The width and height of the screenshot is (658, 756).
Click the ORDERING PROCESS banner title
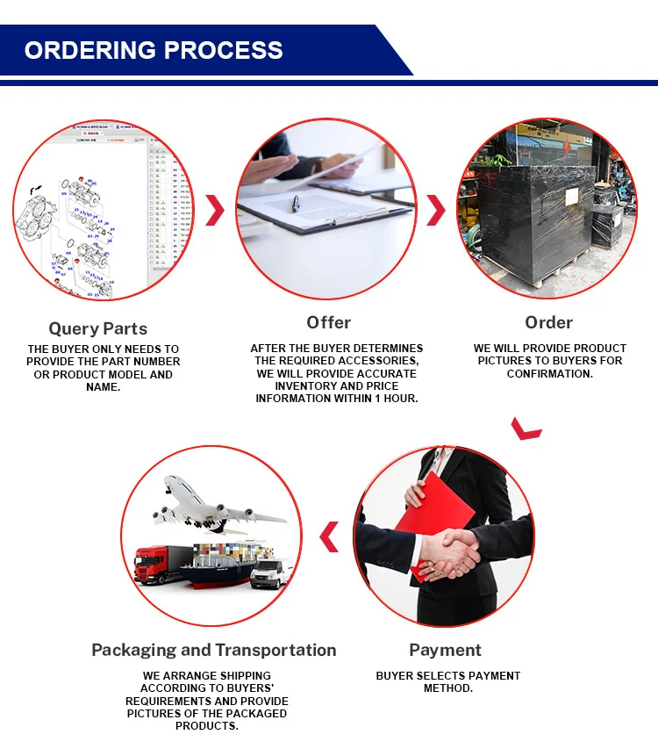tap(154, 50)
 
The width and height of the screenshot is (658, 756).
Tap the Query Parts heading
tap(98, 328)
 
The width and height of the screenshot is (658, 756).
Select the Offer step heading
tap(329, 322)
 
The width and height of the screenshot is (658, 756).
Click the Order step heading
tap(549, 322)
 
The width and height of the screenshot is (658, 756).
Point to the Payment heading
tap(446, 650)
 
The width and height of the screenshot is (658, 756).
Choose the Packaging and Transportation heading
tap(214, 650)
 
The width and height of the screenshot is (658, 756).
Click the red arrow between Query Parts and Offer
tap(215, 211)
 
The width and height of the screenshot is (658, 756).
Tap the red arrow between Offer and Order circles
tap(436, 211)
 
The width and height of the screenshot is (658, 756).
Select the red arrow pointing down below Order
tap(527, 428)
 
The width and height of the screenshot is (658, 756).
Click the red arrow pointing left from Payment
tap(329, 536)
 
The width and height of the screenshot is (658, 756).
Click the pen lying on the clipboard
tap(297, 203)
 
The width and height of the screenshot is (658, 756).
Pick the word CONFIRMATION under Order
tap(550, 373)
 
